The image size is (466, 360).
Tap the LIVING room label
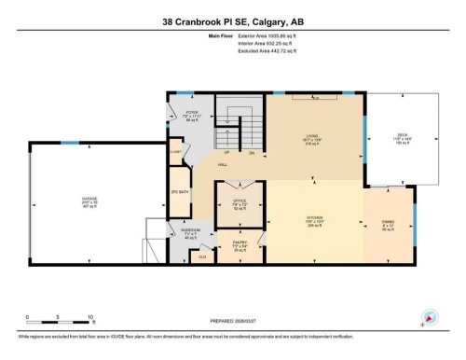(315, 138)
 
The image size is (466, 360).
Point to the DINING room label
(388, 222)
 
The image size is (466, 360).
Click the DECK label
(403, 138)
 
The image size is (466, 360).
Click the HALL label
(224, 165)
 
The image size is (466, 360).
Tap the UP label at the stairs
(226, 152)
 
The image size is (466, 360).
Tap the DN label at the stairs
(251, 152)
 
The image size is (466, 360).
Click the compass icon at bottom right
(430, 319)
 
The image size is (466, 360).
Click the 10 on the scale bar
(90, 318)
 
